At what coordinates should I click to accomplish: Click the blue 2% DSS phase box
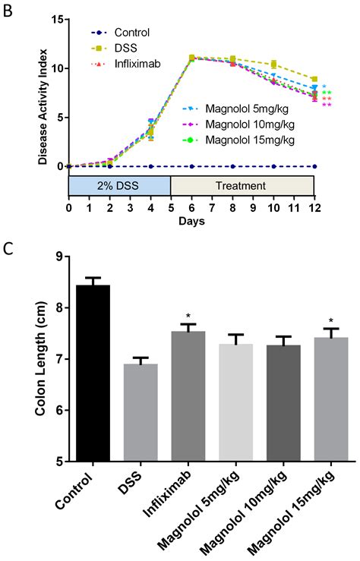point(119,186)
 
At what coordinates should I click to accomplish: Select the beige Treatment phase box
point(242,186)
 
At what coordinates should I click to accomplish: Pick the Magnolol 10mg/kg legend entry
point(235,124)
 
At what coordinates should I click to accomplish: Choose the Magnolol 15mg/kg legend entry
point(235,140)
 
